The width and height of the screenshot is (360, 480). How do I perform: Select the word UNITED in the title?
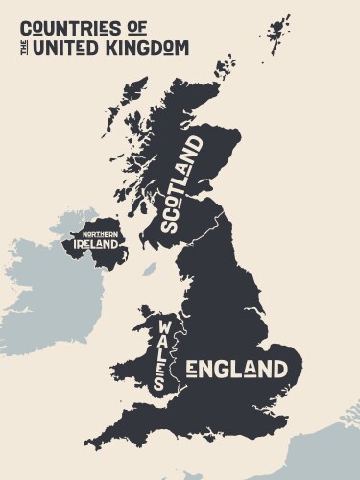tap(65, 46)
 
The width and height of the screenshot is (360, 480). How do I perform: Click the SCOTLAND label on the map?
tap(181, 184)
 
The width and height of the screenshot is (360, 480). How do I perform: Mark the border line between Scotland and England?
tap(203, 230)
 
